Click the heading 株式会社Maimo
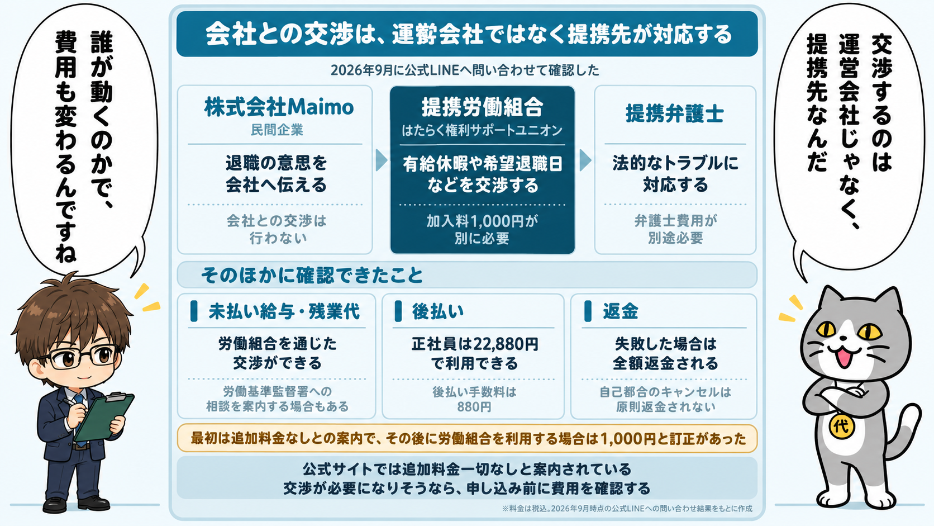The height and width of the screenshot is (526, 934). click(279, 107)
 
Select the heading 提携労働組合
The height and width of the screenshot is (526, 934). click(483, 107)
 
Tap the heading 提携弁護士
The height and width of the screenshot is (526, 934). click(675, 113)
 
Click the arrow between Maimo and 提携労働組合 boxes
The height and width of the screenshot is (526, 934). click(381, 160)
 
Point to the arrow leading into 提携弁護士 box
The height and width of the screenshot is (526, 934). click(585, 160)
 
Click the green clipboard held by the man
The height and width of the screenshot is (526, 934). click(104, 416)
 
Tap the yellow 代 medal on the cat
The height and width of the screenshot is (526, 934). click(841, 427)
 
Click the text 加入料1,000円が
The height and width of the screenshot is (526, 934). click(483, 221)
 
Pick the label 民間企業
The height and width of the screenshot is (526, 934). click(277, 130)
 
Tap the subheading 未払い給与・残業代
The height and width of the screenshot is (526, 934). click(284, 311)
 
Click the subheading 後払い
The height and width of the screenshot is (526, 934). click(438, 311)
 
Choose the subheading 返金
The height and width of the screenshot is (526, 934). click(621, 311)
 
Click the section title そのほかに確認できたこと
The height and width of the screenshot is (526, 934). click(312, 276)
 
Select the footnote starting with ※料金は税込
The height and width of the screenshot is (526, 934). click(627, 509)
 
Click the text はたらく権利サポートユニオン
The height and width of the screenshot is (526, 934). click(483, 131)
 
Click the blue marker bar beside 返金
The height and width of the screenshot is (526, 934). click(588, 311)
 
